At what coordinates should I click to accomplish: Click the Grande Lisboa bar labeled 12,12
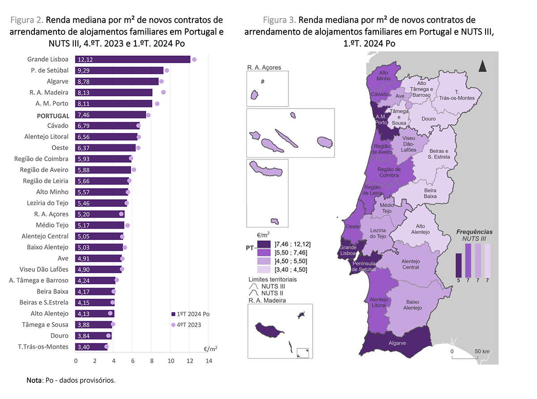click(133, 60)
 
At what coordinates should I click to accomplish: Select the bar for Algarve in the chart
click(117, 82)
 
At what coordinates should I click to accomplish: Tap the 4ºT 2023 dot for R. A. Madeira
click(163, 92)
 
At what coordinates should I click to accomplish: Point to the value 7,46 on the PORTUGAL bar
click(84, 115)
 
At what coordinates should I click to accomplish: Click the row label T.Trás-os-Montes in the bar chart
click(43, 347)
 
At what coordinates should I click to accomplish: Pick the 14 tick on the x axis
click(209, 360)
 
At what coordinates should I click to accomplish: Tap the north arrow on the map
click(482, 66)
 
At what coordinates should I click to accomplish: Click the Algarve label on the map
click(397, 343)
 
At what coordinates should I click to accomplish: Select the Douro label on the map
click(429, 119)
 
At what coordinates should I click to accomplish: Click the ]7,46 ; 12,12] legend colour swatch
click(264, 244)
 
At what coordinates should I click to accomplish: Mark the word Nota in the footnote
click(34, 381)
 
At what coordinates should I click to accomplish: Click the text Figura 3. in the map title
click(280, 20)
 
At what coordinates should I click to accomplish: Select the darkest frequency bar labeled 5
click(459, 265)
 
